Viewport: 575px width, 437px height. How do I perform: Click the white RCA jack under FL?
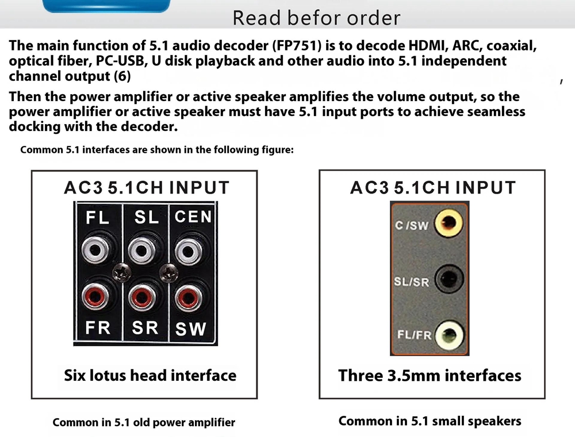coord(95,250)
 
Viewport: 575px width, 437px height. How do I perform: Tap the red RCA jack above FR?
coord(95,297)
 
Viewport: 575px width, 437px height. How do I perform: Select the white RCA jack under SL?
coord(141,250)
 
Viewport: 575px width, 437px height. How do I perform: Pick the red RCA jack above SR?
coord(141,297)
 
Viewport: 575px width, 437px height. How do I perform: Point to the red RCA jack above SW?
coord(189,297)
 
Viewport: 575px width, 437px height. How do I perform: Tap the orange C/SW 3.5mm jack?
coord(448,223)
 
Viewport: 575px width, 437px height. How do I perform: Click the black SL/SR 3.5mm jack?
coord(448,279)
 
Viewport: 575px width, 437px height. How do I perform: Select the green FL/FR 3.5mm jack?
coord(449,335)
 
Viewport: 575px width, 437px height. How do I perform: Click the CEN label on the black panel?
coord(193,216)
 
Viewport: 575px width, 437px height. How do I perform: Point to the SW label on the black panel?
coord(190,328)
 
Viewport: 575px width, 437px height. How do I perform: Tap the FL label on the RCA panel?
coord(98,218)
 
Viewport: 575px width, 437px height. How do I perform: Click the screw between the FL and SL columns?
coord(121,273)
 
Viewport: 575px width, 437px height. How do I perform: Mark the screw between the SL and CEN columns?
coord(168,273)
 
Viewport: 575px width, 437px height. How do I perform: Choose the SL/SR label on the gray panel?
coord(412,282)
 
